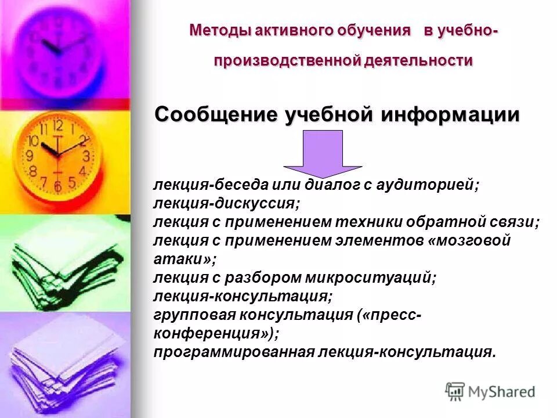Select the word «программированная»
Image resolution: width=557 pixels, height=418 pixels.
(x=233, y=352)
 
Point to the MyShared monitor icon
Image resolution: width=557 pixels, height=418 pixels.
(x=455, y=391)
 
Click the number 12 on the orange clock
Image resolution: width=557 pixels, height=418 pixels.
(x=57, y=125)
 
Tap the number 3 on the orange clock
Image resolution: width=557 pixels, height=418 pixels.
(x=86, y=156)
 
